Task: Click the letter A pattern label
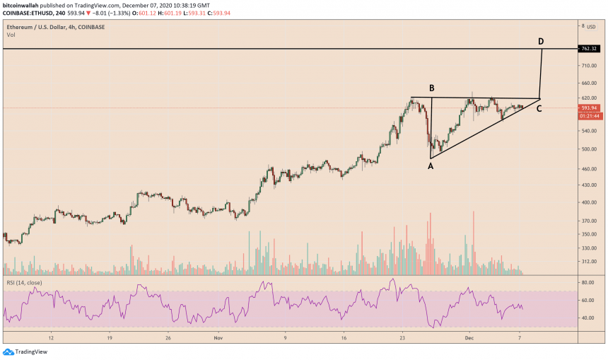click(430, 166)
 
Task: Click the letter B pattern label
click(431, 88)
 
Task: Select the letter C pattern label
click(539, 108)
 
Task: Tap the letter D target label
click(541, 42)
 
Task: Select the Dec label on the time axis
click(467, 339)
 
